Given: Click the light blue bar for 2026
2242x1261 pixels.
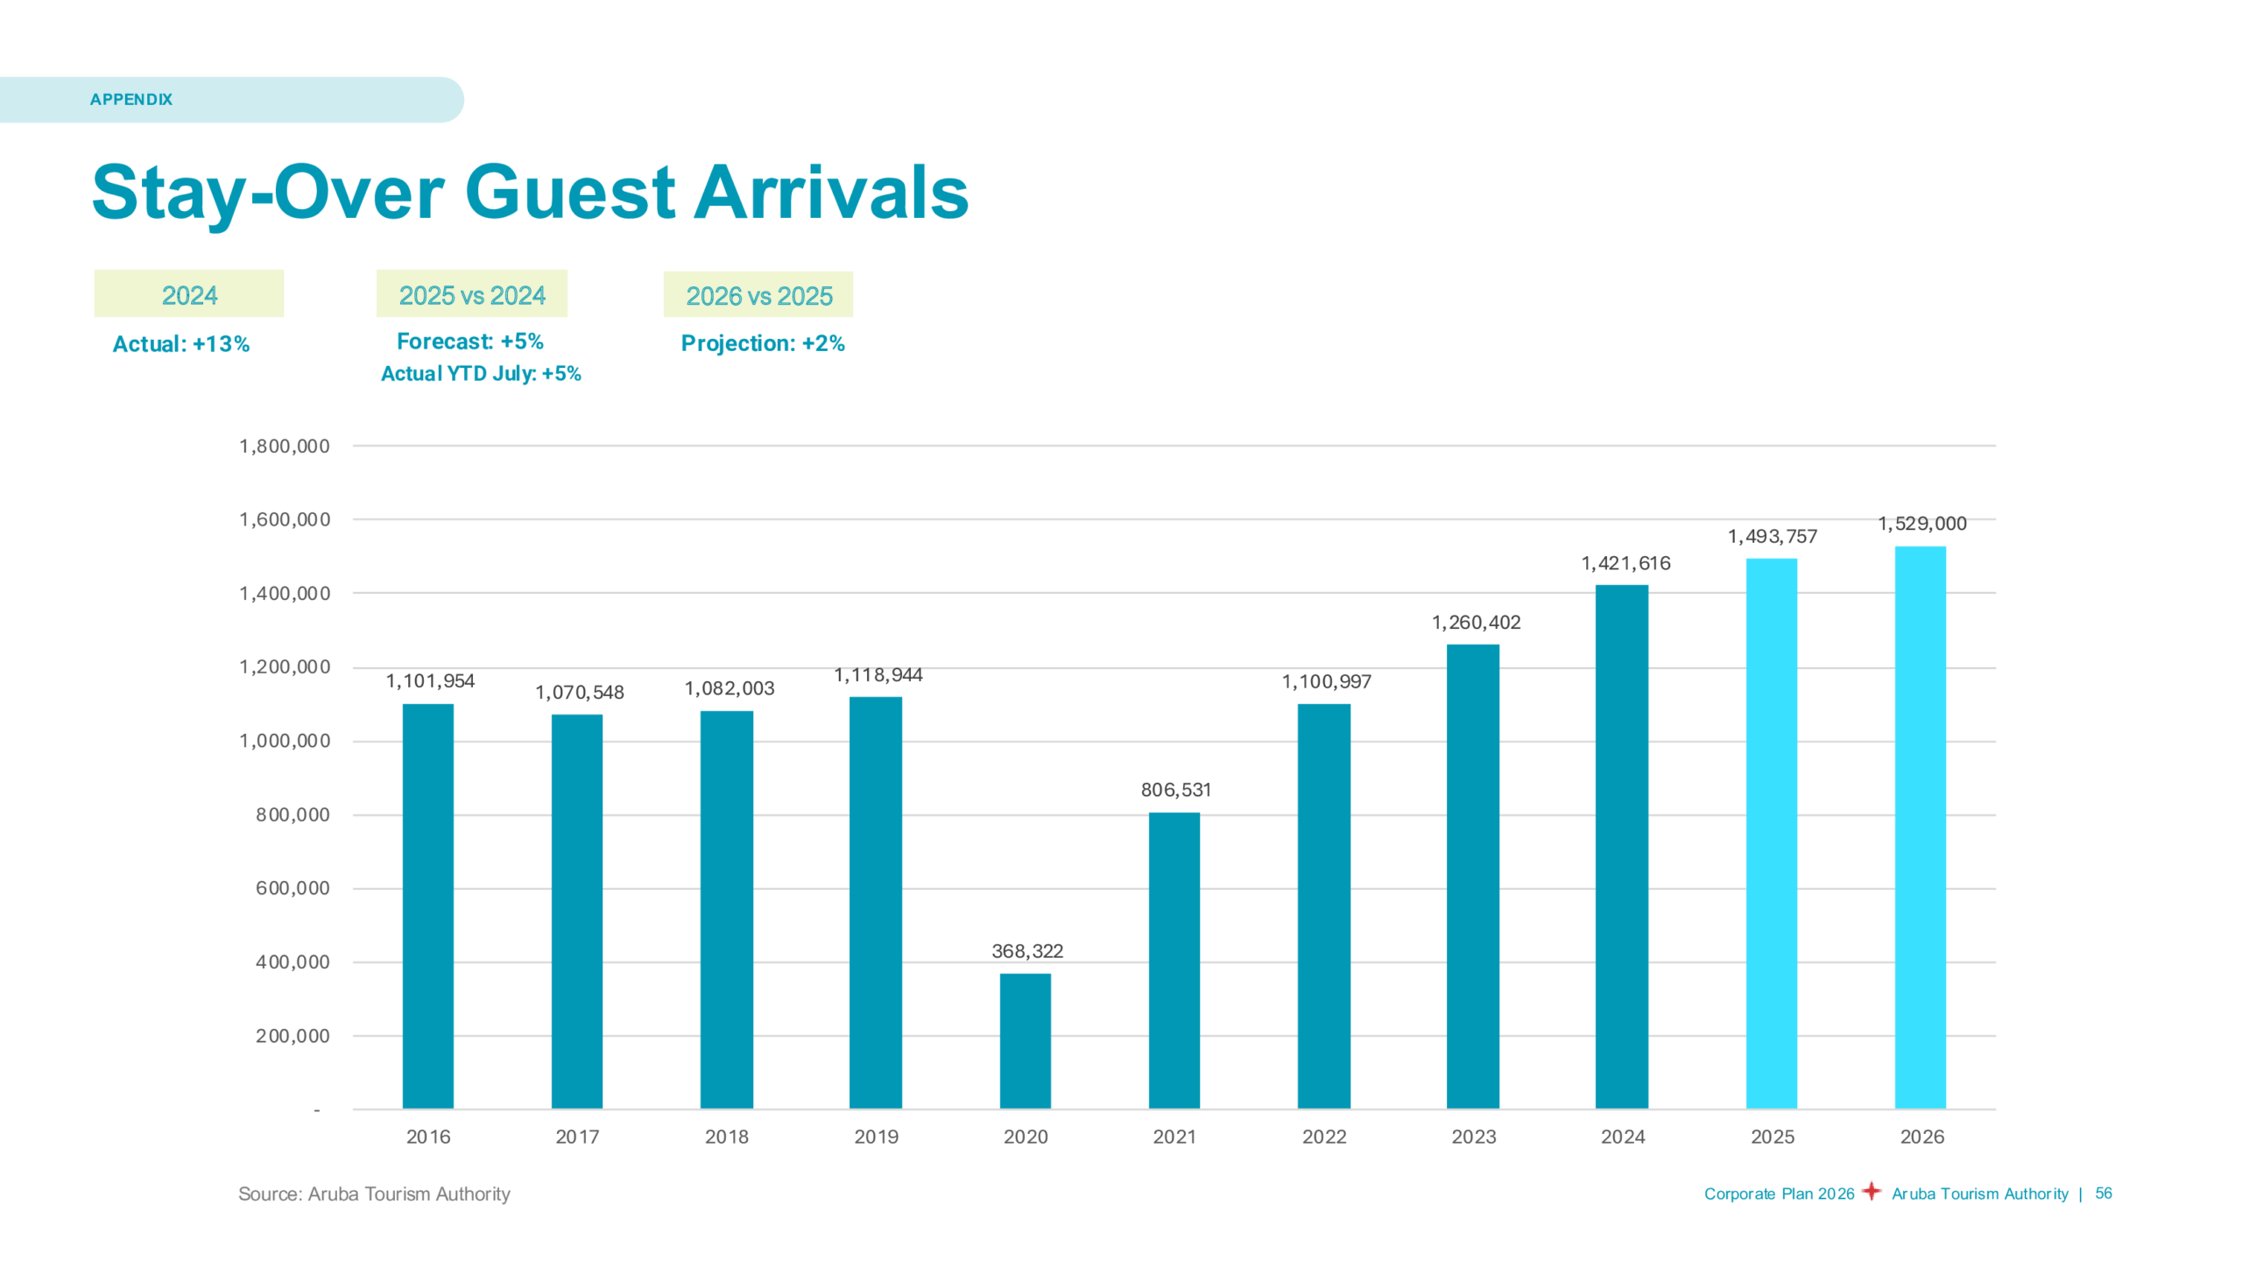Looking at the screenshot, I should coord(1920,828).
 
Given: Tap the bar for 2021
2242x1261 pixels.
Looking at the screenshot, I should coord(1174,960).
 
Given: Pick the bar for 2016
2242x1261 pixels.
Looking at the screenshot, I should coord(427,905).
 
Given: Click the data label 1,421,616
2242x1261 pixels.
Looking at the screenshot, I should coord(1625,563).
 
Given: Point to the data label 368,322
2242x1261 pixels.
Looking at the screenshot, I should coord(1026,951).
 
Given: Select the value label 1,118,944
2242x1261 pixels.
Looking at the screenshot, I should coord(878,675).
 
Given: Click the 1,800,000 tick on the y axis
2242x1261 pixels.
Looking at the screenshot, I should coord(285,447).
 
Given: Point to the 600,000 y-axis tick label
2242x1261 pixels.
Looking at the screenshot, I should coord(293,888).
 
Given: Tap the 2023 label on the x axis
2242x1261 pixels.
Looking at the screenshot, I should coord(1473,1137).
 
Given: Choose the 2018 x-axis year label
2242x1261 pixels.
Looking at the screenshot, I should coord(726,1137).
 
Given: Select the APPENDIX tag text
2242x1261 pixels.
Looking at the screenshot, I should coord(131,100).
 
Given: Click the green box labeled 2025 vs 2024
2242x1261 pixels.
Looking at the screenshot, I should coord(472,295).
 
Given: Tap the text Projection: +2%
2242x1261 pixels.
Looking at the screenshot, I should coord(762,343).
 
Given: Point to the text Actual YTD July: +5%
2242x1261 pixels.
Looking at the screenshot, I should coord(481,374).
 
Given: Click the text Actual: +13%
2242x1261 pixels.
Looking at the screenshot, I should coord(181,344).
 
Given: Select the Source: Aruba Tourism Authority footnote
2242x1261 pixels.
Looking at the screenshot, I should coord(374,1194).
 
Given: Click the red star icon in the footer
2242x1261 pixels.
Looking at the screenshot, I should coord(1872,1191).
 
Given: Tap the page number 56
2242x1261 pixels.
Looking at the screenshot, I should coord(2103,1194).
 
